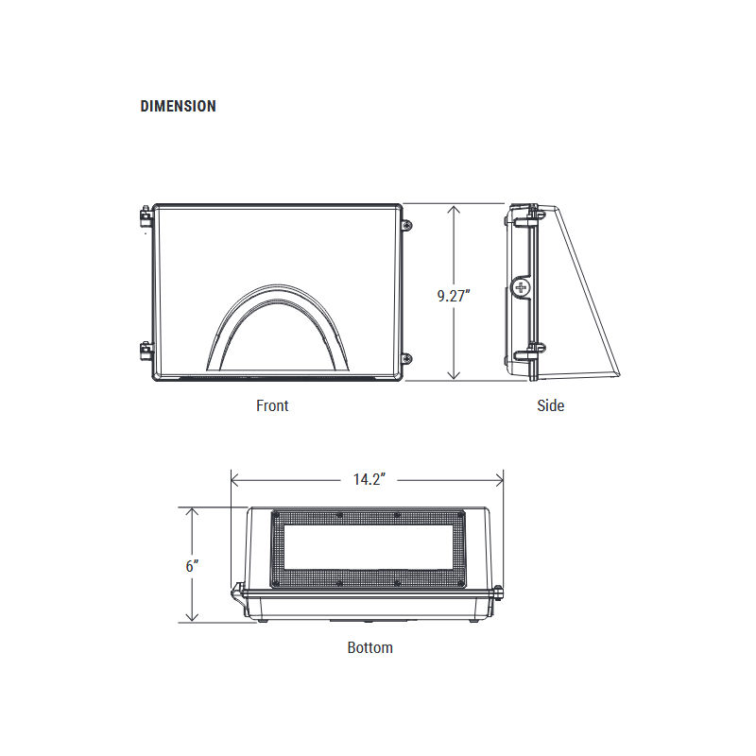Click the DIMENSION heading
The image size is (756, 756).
(x=178, y=107)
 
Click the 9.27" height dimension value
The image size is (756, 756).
(x=454, y=296)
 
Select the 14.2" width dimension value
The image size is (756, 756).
(x=367, y=479)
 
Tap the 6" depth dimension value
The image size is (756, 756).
(x=192, y=566)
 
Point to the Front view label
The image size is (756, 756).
(x=272, y=405)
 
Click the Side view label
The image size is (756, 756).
(x=550, y=405)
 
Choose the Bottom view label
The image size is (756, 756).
(x=369, y=647)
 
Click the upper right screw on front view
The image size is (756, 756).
(x=407, y=226)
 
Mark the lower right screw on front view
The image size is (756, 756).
(x=407, y=357)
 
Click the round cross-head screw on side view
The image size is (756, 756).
(x=521, y=287)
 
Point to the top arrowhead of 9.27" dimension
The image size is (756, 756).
(x=455, y=211)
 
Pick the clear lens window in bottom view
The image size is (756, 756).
(x=369, y=549)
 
